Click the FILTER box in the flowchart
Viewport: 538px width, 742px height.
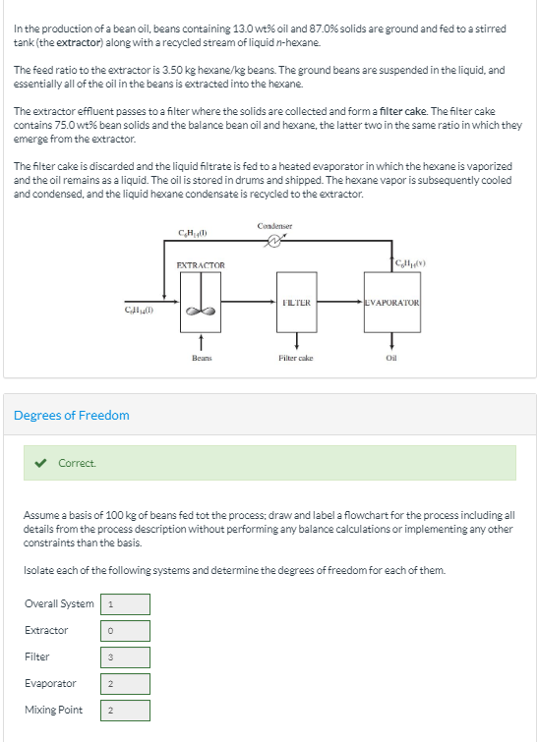pos(296,303)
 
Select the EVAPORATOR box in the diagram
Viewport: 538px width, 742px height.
pos(392,303)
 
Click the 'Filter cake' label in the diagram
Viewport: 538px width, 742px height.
pos(295,359)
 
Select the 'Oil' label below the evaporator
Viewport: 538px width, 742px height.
pos(392,359)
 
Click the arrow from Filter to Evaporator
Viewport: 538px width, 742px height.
pos(340,303)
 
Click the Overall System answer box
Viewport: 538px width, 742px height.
pos(125,603)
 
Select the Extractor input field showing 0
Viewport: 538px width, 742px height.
pos(125,630)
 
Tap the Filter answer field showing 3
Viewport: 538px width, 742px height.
pos(125,656)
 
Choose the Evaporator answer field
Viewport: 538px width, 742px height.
pos(125,683)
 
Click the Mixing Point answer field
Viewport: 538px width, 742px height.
pos(125,710)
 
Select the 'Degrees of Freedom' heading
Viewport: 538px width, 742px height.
pos(71,415)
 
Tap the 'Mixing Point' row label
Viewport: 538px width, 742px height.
pos(53,710)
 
